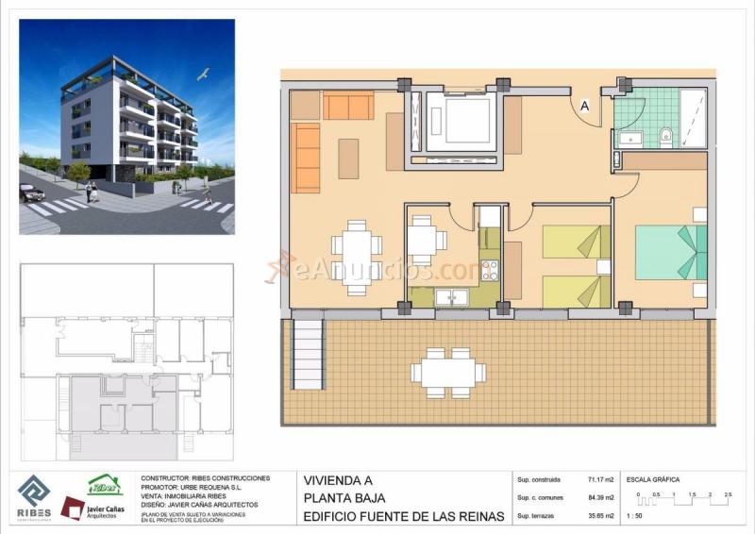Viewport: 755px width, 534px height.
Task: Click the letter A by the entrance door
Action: tap(585, 108)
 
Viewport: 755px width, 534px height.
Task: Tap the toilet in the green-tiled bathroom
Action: tap(665, 135)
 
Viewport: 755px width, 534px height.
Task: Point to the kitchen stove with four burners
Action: tap(489, 271)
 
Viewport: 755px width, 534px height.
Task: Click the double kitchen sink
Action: tap(451, 297)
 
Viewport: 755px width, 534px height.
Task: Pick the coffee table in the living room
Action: tap(348, 159)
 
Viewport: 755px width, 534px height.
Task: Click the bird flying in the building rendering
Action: tap(202, 75)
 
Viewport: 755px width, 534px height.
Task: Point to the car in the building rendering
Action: tap(31, 193)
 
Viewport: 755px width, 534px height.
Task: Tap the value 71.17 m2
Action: tap(600, 479)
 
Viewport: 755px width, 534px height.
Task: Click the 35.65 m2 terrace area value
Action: tap(600, 516)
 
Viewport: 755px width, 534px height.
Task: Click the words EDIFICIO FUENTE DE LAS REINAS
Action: tap(403, 516)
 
